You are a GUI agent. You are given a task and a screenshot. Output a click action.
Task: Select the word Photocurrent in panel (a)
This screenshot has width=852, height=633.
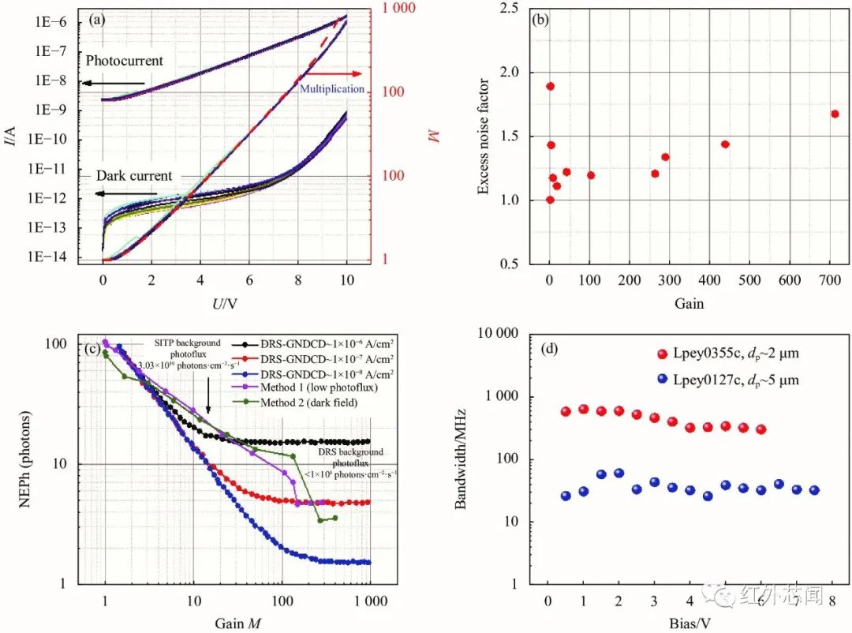[124, 61]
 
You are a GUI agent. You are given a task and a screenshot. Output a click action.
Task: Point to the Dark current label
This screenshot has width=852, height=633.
[134, 176]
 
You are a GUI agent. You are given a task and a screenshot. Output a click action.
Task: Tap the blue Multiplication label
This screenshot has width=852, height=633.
[332, 89]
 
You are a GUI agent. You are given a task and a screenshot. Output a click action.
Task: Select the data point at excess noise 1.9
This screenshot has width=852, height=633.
[550, 86]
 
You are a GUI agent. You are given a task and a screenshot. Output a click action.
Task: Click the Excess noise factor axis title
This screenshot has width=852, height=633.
[484, 136]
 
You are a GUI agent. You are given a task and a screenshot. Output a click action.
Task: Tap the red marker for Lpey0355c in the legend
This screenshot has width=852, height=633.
[663, 354]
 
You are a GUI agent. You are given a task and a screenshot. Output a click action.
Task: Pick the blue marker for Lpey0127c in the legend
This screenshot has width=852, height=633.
[663, 380]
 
